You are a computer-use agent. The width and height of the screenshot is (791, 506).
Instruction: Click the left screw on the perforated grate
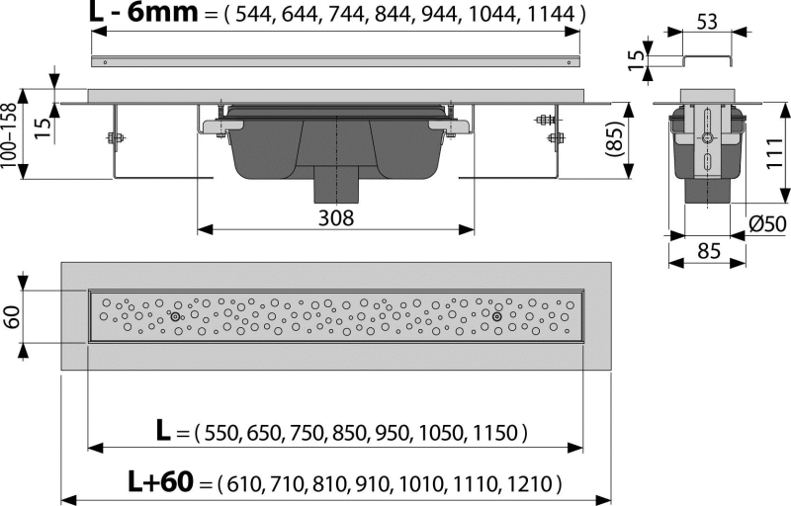point(175,316)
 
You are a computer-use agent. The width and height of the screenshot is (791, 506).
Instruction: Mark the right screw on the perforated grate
point(497,316)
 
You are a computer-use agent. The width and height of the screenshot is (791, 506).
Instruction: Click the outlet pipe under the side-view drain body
point(337,185)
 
